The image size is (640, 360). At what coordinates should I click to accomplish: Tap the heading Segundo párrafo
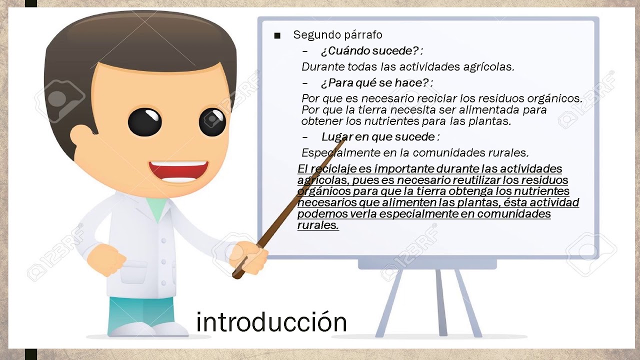[x=337, y=35]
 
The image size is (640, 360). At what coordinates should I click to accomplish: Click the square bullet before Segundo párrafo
[x=277, y=35]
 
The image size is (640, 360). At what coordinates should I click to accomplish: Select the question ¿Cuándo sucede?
[x=371, y=51]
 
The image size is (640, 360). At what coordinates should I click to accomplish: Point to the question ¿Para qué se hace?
[x=376, y=82]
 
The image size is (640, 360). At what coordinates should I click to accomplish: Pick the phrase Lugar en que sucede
[x=380, y=137]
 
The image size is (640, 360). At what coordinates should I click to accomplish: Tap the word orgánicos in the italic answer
[x=554, y=98]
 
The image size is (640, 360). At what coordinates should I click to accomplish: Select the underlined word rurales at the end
[x=317, y=225]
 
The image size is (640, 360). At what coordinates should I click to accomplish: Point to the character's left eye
[x=144, y=122]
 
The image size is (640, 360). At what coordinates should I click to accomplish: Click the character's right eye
[x=212, y=121]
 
